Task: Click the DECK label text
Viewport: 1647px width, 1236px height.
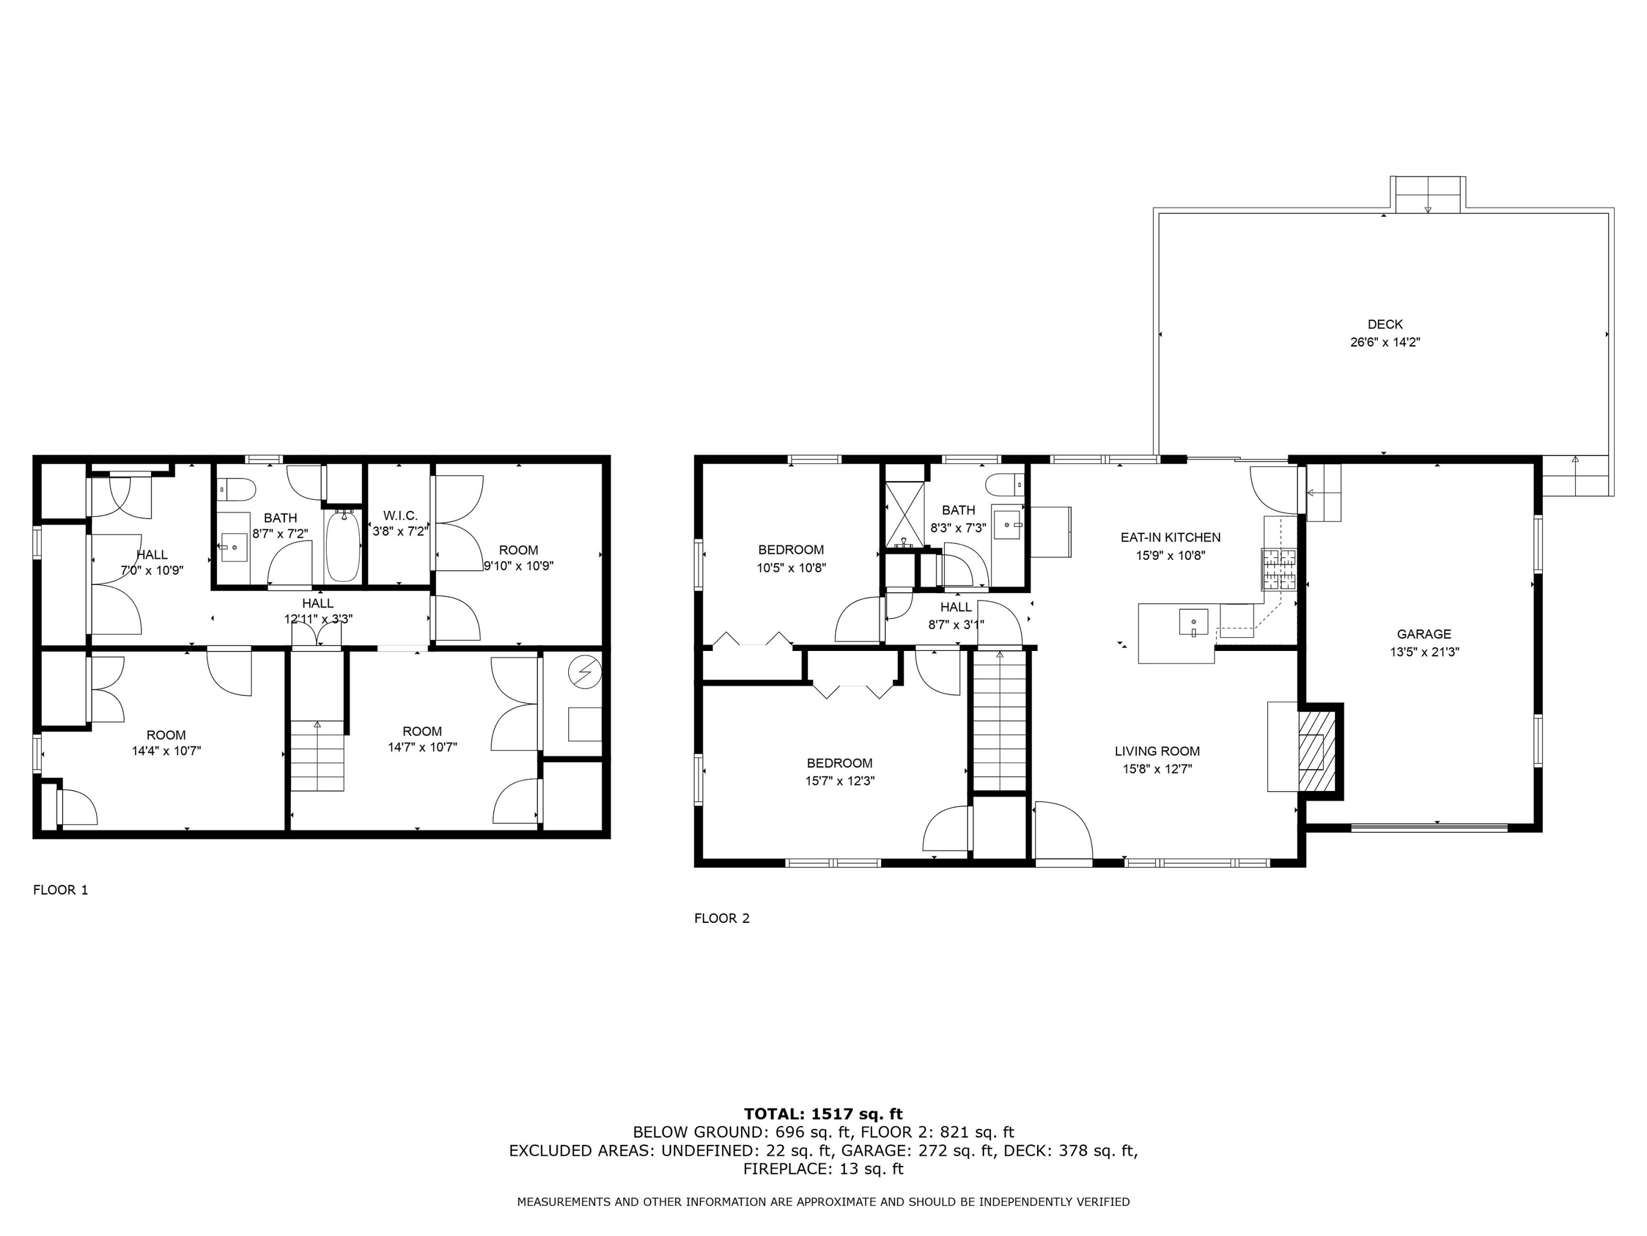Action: click(x=1384, y=324)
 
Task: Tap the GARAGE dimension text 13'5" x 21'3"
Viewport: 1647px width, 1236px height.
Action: click(x=1424, y=652)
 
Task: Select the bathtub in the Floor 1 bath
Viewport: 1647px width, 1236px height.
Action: click(x=343, y=546)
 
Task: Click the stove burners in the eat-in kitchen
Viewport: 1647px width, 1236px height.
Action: click(x=1278, y=569)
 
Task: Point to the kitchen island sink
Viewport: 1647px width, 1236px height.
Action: click(x=1193, y=621)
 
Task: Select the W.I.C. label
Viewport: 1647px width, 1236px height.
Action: click(x=401, y=516)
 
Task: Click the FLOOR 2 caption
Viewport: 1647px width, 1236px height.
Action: click(x=721, y=918)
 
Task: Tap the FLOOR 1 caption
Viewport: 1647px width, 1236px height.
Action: click(x=60, y=889)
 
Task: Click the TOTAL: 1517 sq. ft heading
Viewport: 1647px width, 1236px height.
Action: click(x=823, y=1114)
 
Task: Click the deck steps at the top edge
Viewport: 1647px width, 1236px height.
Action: click(x=1427, y=195)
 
